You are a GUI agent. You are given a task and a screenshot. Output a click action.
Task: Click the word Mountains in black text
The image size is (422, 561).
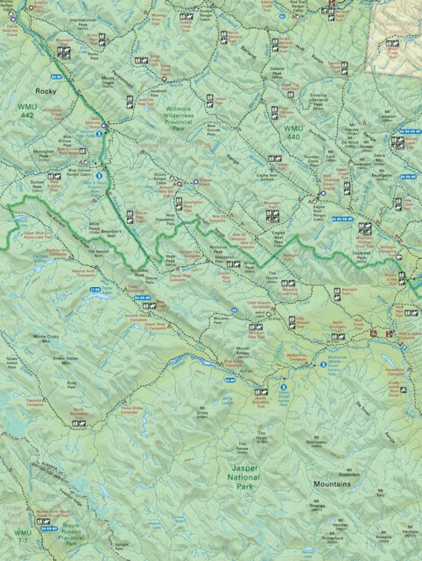pos(333,482)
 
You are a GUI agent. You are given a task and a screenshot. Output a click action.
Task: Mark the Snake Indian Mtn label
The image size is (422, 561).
pos(66,359)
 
